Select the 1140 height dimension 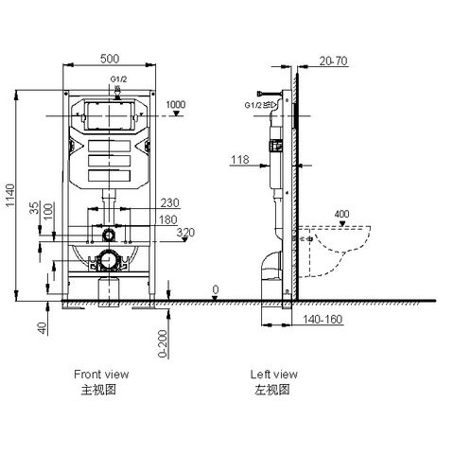(11, 198)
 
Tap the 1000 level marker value (176, 104)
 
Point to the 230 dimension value (170, 201)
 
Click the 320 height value (185, 232)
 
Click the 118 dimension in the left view (240, 162)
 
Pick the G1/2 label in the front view (118, 80)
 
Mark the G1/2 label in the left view (253, 105)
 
